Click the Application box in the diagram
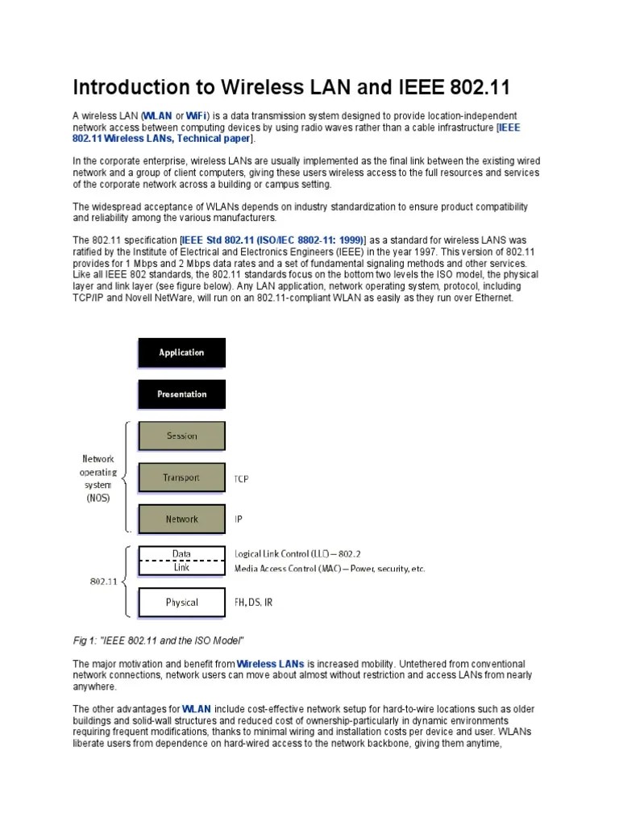(x=181, y=353)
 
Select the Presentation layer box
(x=181, y=394)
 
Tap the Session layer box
(x=181, y=436)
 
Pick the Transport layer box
(x=181, y=478)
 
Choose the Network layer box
(x=181, y=519)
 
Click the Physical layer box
(x=181, y=603)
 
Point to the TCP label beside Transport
(x=241, y=479)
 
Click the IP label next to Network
(x=238, y=520)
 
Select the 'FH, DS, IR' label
(x=253, y=603)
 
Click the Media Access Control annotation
(x=329, y=569)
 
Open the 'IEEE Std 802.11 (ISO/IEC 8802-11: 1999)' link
(x=273, y=240)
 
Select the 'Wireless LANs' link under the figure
(x=271, y=664)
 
